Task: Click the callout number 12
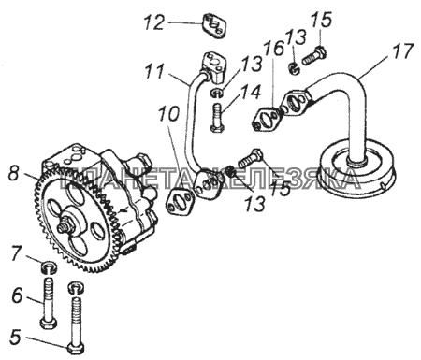pyautogui.click(x=153, y=22)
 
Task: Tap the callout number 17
pyautogui.click(x=402, y=51)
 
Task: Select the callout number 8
pyautogui.click(x=14, y=173)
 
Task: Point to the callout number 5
pyautogui.click(x=15, y=338)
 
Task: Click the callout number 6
pyautogui.click(x=18, y=295)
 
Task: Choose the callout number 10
pyautogui.click(x=169, y=114)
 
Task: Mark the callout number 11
pyautogui.click(x=154, y=72)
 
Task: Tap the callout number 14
pyautogui.click(x=252, y=93)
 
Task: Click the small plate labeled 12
pyautogui.click(x=214, y=25)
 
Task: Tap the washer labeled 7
pyautogui.click(x=50, y=267)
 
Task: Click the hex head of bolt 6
pyautogui.click(x=49, y=323)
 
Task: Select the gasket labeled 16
pyautogui.click(x=266, y=120)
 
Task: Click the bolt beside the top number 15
pyautogui.click(x=314, y=55)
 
